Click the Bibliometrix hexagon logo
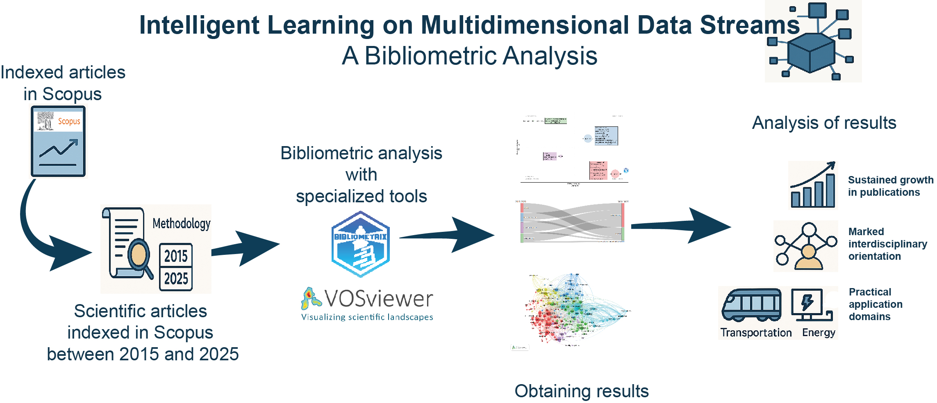coord(360,244)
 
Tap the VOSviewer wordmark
coord(378,299)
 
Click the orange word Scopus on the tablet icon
coord(69,121)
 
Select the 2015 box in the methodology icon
coord(176,256)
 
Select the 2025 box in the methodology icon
coord(176,279)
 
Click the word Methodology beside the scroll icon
coord(181,224)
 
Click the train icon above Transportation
coord(752,305)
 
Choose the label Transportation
coord(756,332)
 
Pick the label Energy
coord(819,332)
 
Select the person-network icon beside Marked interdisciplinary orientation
coord(806,246)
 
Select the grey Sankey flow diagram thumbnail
coord(572,222)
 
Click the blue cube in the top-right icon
coord(811,53)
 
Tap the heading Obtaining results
coord(581,391)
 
